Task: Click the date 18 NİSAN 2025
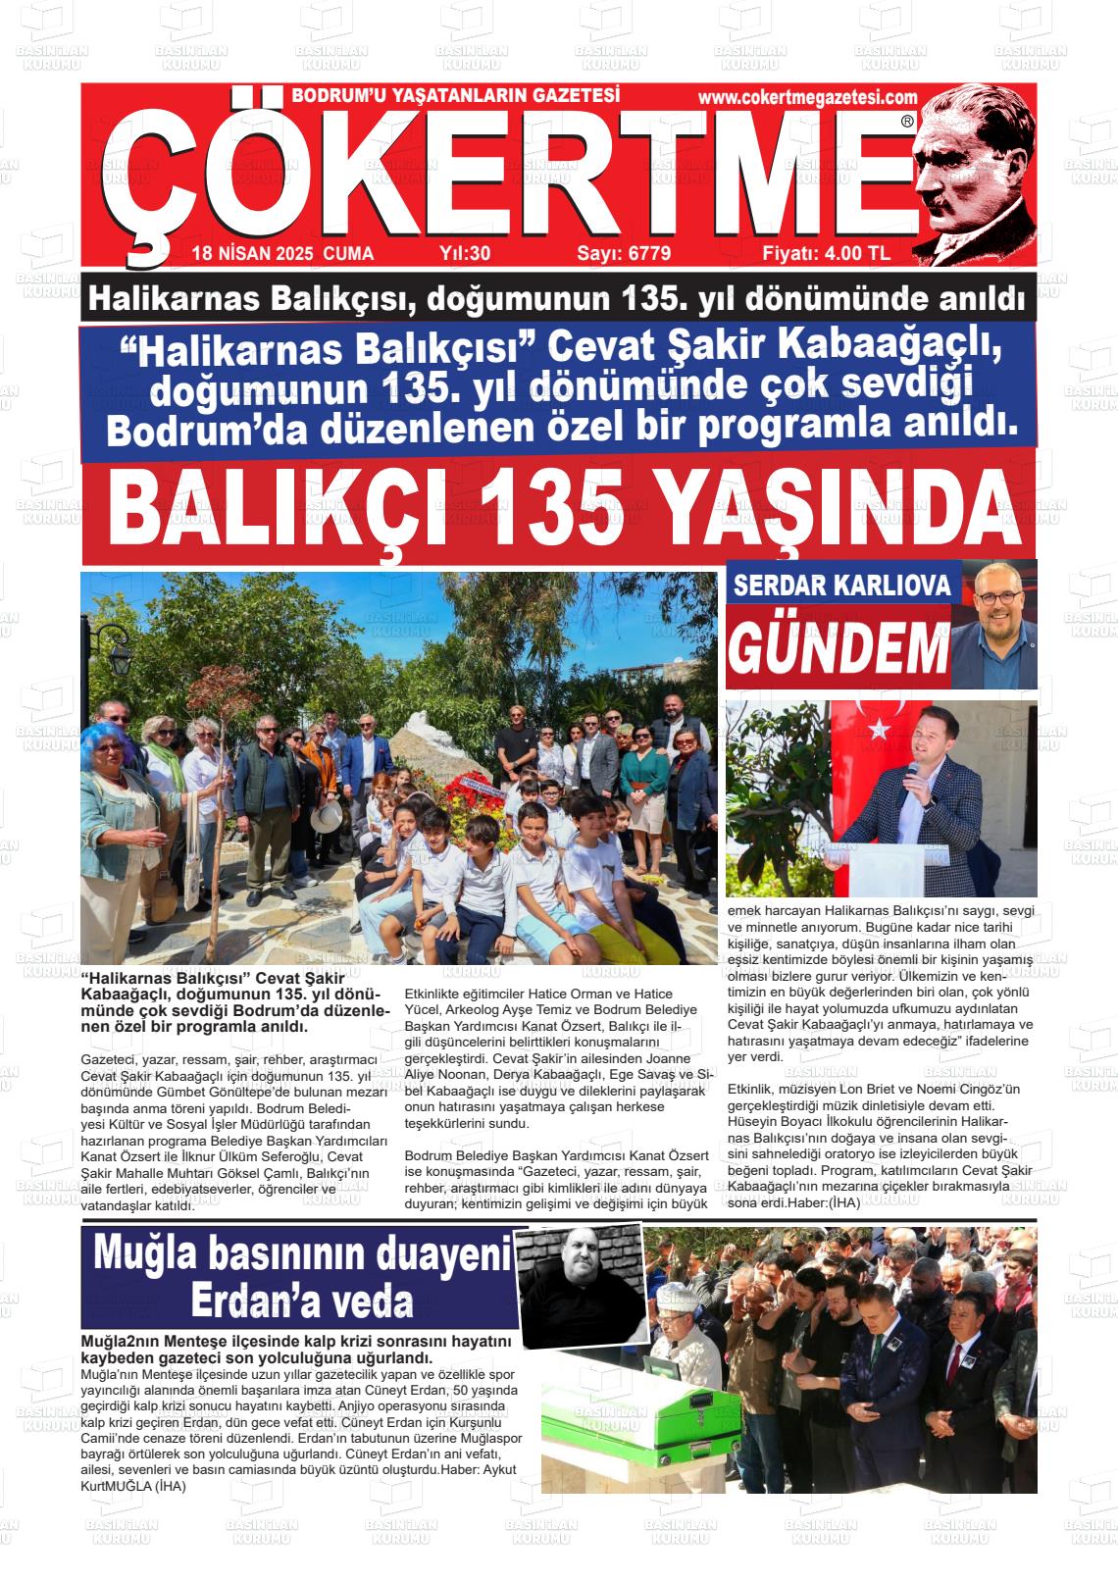click(x=252, y=253)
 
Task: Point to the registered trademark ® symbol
click(x=906, y=122)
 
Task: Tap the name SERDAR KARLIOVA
click(x=842, y=585)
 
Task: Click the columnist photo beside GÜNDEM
click(x=998, y=625)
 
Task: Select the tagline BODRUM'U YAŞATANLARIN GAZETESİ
click(x=456, y=96)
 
